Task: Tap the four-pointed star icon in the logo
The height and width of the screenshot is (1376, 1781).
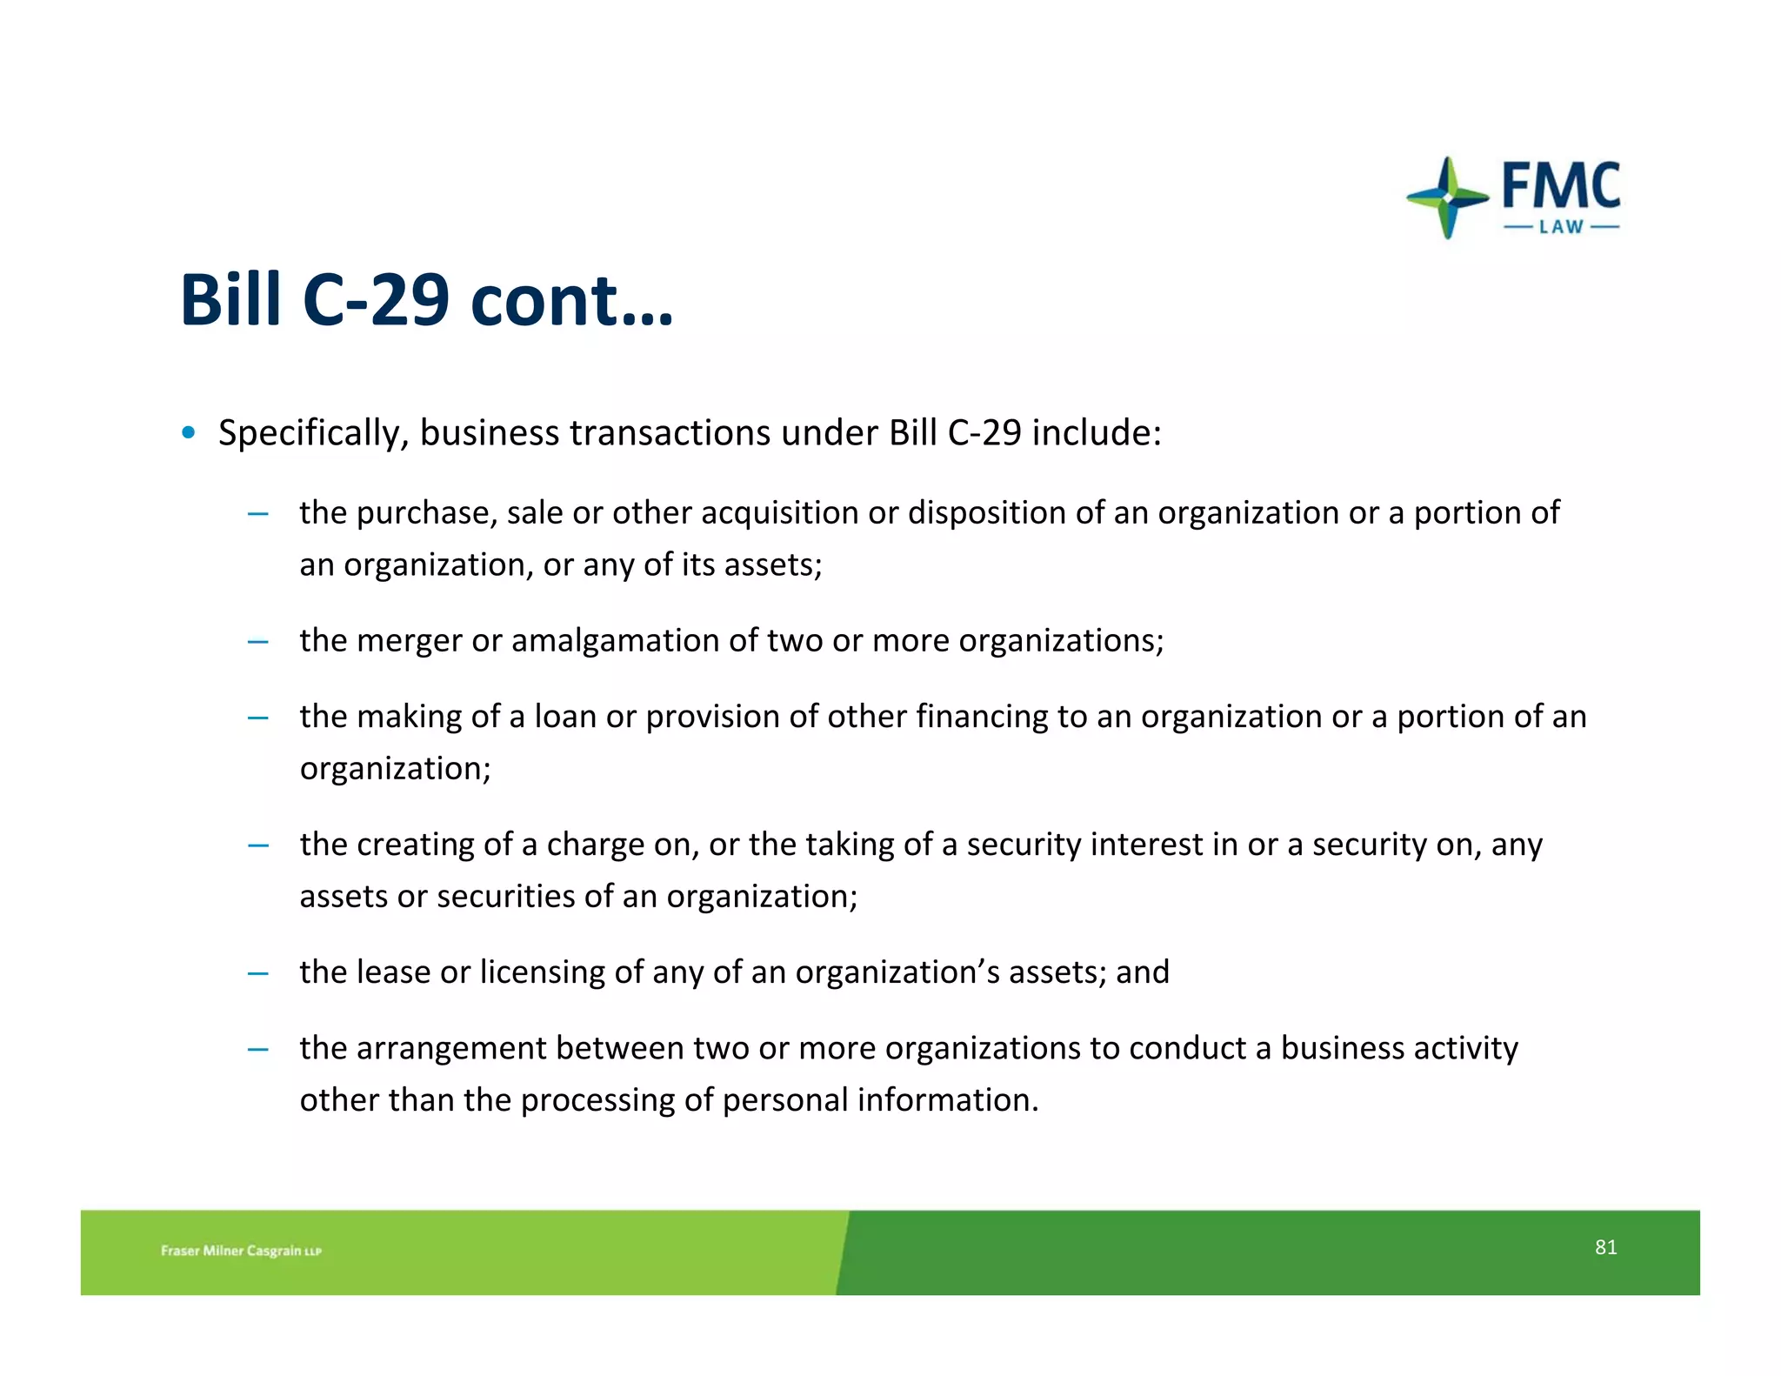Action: tap(1447, 197)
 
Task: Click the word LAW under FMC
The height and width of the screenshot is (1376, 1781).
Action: tap(1561, 227)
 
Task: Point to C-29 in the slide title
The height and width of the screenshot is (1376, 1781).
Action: tap(376, 300)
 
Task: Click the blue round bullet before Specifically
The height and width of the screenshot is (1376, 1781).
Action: tap(189, 432)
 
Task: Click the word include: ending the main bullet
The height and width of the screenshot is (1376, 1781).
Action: tap(1096, 432)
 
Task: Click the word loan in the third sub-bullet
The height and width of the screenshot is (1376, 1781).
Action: tap(565, 716)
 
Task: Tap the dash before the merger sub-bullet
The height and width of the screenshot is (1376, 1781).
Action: tap(257, 643)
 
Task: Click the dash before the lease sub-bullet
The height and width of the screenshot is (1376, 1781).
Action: tap(257, 974)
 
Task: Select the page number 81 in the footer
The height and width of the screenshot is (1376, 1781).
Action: tap(1605, 1247)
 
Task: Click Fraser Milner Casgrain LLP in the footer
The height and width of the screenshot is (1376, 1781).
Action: tap(241, 1251)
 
